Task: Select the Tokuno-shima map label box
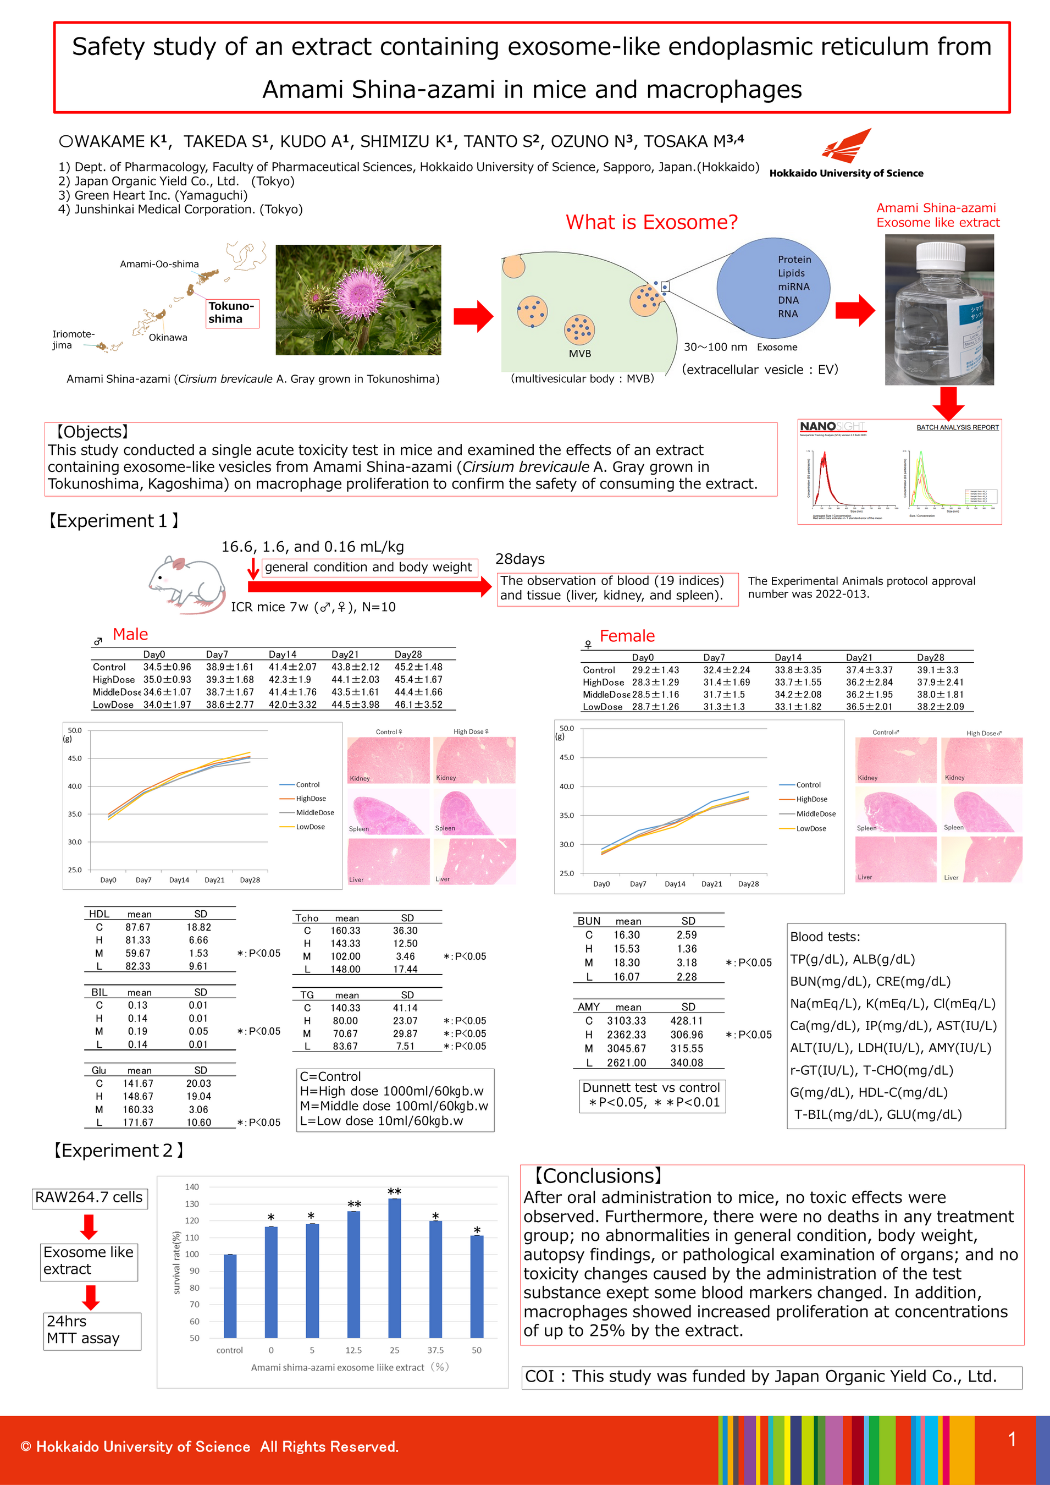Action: (x=232, y=312)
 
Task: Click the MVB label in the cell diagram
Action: (x=579, y=353)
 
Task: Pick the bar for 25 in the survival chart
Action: (x=394, y=1268)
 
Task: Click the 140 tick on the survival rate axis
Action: (x=192, y=1187)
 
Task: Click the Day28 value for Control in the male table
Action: (x=418, y=667)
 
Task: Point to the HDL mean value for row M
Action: (x=138, y=953)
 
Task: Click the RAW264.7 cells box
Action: (x=89, y=1198)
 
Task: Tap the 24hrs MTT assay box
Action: (x=92, y=1330)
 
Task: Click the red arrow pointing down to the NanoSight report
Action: (x=948, y=404)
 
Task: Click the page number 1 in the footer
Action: (x=1012, y=1439)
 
